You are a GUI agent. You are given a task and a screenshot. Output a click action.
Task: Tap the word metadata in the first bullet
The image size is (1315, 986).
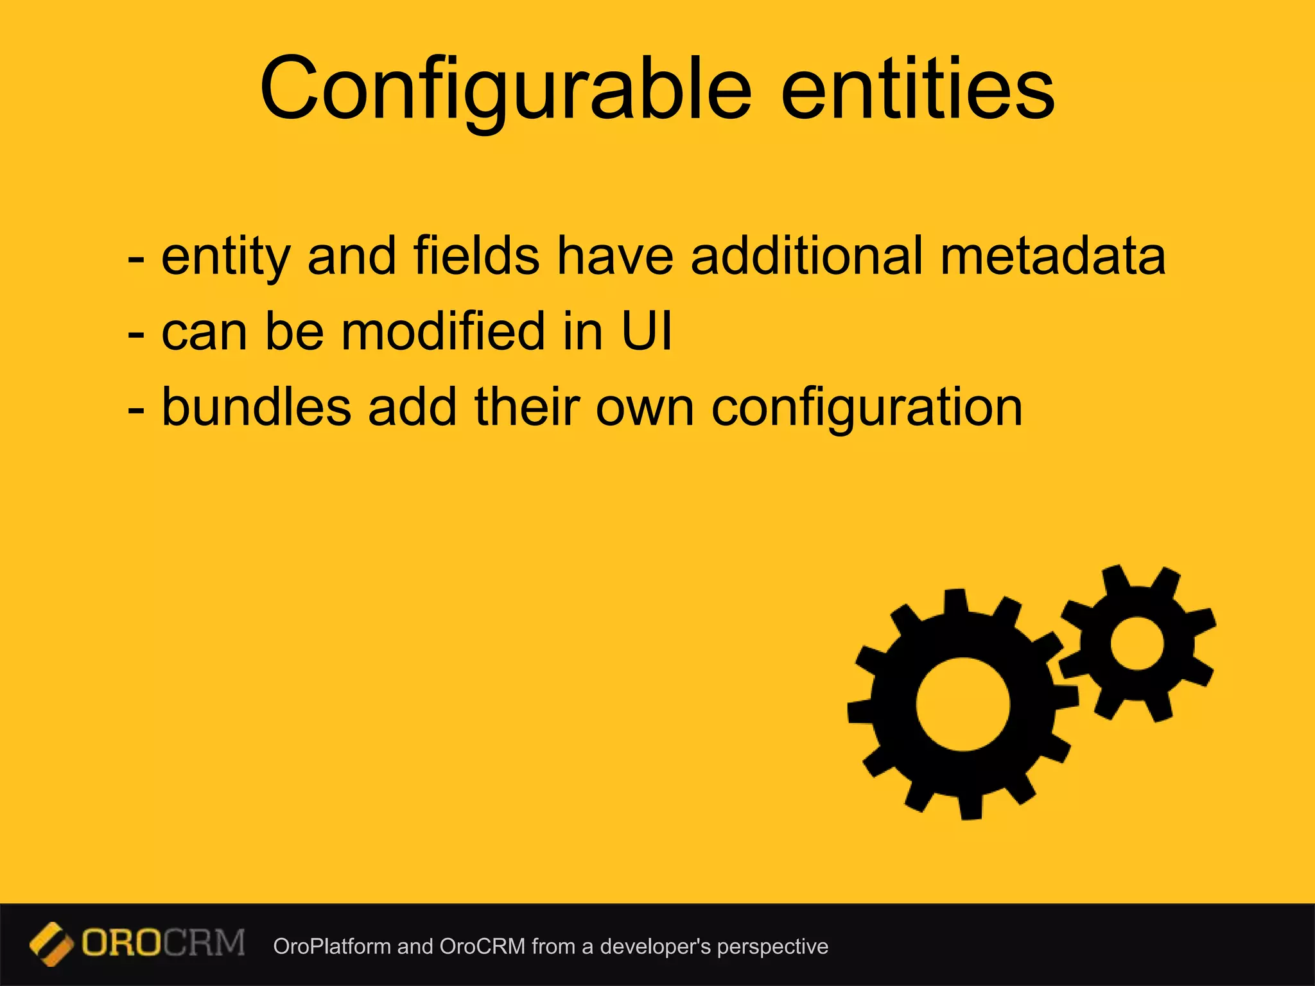click(1052, 257)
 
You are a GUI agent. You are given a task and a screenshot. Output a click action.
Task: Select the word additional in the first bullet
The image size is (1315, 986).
click(806, 257)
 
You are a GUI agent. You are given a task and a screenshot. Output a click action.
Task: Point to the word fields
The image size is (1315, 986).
click(476, 257)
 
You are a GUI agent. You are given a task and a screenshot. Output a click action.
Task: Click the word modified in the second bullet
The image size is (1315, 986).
click(443, 332)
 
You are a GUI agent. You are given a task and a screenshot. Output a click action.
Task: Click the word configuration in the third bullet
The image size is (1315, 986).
click(866, 408)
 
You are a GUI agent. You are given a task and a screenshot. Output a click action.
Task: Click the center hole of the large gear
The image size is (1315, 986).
click(962, 704)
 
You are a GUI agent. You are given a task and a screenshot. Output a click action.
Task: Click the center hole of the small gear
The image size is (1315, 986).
click(1136, 644)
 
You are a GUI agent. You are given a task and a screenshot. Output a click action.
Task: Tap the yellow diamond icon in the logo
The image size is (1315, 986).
click(51, 944)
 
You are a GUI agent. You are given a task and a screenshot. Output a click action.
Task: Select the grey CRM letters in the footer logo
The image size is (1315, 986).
click(204, 944)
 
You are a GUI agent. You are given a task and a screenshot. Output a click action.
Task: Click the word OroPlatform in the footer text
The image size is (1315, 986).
click(331, 947)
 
